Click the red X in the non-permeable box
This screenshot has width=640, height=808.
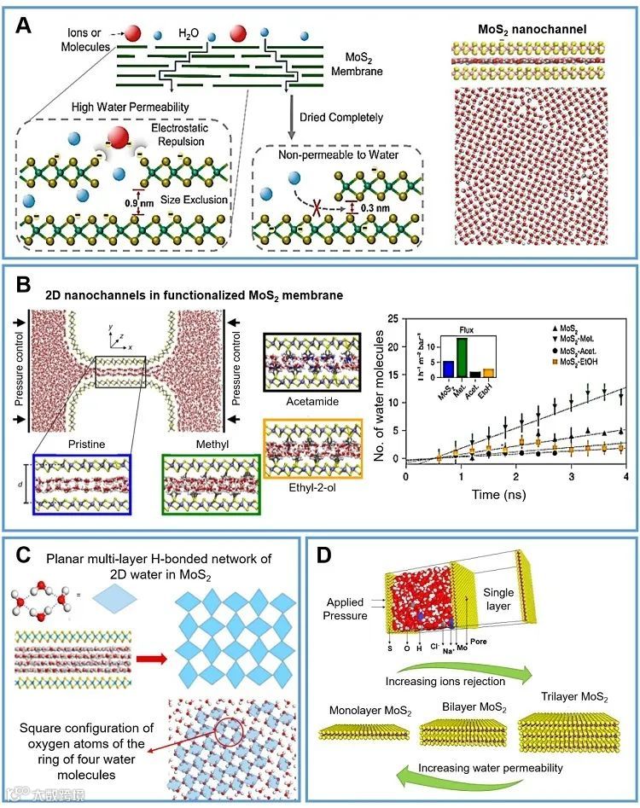pos(317,206)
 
